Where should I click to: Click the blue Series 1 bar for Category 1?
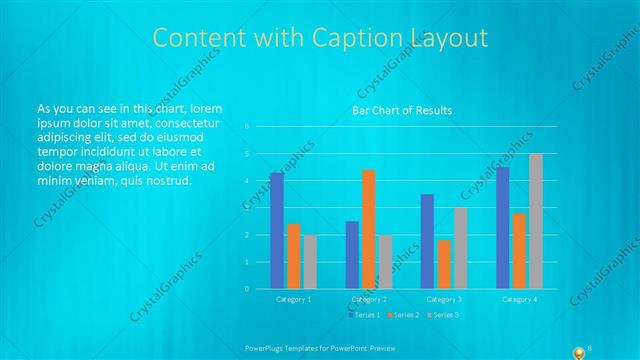tap(277, 230)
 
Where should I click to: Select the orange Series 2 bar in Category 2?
tap(369, 229)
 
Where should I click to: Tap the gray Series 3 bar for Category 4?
tap(536, 221)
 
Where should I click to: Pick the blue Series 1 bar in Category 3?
tap(427, 241)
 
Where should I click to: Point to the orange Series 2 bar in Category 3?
tap(443, 264)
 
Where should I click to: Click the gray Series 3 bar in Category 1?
tap(310, 262)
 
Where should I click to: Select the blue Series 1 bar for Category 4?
tap(503, 227)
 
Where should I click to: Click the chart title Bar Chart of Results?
tap(402, 110)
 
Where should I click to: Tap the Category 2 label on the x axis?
tap(369, 299)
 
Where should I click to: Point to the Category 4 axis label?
tap(519, 299)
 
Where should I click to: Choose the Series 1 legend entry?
tap(365, 315)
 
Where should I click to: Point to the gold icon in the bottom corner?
tap(578, 351)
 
